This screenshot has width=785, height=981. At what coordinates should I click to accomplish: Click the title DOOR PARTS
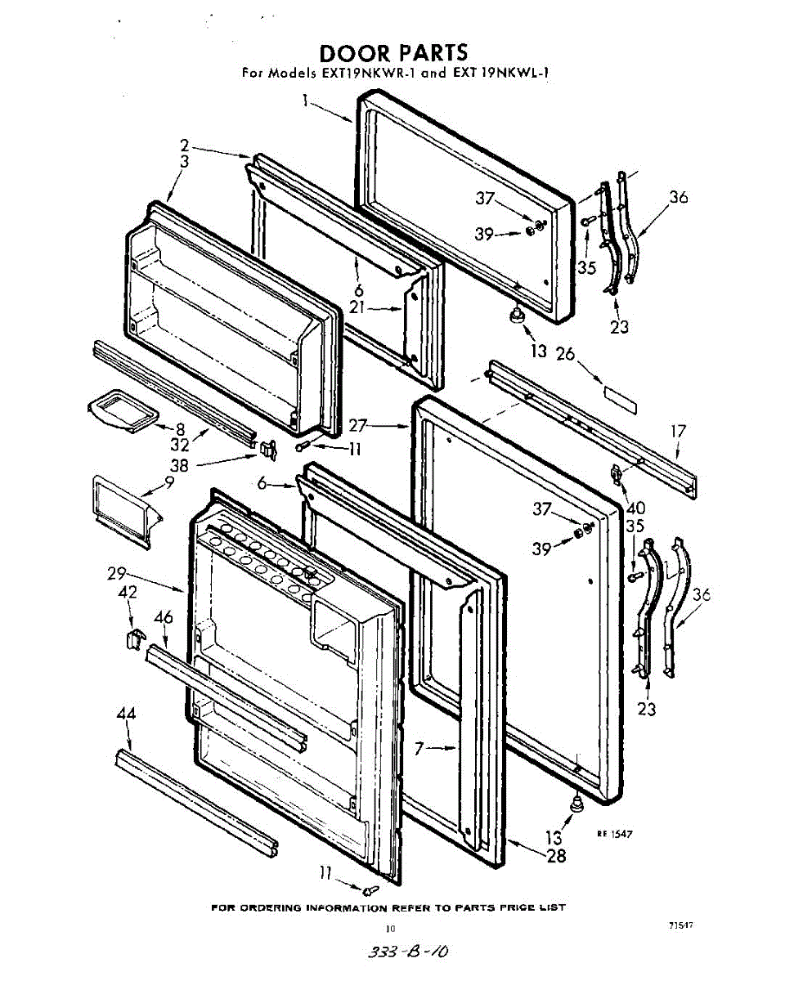(393, 53)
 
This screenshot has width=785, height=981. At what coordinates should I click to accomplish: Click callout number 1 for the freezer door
(305, 100)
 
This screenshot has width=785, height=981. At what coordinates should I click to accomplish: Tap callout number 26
(565, 354)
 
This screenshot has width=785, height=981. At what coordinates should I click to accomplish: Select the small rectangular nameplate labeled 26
(620, 400)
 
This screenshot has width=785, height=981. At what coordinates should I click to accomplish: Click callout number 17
(678, 432)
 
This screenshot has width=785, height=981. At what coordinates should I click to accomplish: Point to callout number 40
(636, 508)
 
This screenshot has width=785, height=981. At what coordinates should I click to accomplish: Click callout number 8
(180, 429)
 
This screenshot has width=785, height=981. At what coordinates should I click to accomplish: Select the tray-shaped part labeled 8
(123, 410)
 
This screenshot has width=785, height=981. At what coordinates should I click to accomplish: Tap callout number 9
(169, 482)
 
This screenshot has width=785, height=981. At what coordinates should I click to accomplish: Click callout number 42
(128, 592)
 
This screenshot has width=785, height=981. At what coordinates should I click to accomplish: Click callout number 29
(117, 573)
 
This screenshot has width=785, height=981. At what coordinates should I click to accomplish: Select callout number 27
(358, 426)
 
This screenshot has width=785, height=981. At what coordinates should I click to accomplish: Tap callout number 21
(357, 307)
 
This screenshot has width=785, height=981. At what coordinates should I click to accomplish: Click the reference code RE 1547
(615, 834)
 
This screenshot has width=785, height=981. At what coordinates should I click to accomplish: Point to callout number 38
(179, 465)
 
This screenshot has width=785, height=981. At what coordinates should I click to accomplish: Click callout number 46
(164, 617)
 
